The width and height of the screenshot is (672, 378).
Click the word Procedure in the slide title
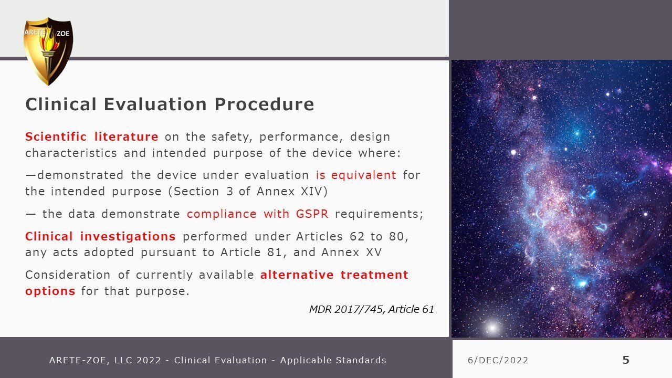click(264, 104)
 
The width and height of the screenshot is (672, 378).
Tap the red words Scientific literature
click(92, 136)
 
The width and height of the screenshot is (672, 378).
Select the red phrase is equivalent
click(356, 175)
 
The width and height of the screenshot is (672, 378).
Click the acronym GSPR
click(312, 214)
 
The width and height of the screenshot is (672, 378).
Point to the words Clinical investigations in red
click(100, 236)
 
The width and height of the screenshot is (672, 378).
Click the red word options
click(50, 291)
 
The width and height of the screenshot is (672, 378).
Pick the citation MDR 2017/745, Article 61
click(371, 309)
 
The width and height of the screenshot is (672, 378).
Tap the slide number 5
click(626, 360)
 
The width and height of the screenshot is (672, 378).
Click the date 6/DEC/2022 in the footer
click(498, 360)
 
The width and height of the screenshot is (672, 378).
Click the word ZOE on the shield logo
click(62, 34)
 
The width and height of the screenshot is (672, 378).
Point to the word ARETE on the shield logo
click(35, 33)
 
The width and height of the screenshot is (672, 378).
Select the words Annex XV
click(351, 253)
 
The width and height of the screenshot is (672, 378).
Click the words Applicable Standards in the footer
click(333, 360)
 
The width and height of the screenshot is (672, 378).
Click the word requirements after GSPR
click(379, 214)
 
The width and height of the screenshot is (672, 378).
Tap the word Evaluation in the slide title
click(155, 104)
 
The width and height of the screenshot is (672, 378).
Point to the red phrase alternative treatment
click(334, 275)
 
